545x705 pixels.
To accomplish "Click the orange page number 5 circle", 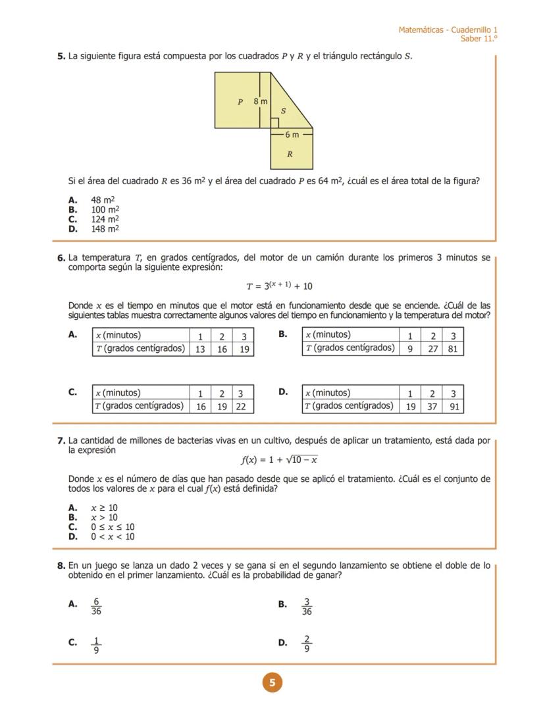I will coord(272,683).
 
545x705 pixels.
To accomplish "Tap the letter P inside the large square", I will coord(240,102).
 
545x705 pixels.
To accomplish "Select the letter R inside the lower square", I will coord(290,155).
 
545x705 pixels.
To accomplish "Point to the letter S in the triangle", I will coord(283,111).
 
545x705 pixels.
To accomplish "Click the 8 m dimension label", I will coord(261,101).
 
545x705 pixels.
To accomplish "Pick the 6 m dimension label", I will coord(292,134).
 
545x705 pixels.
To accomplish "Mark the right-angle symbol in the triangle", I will coord(274,123).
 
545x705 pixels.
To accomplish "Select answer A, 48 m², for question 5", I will coord(103,199).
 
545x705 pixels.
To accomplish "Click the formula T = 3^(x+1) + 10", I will coord(279,286).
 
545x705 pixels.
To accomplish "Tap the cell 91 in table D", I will coord(454,407).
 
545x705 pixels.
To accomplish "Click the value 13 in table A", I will coord(200,350).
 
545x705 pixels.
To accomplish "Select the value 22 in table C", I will coord(241,407).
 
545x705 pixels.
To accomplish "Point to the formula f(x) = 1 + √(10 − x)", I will coord(279,459).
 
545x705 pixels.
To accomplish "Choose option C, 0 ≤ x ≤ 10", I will coord(113,527).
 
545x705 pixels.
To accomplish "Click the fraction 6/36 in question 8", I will coord(96,606).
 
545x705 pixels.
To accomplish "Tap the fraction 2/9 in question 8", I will coord(307,644).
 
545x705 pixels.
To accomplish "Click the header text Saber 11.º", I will coord(479,39).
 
